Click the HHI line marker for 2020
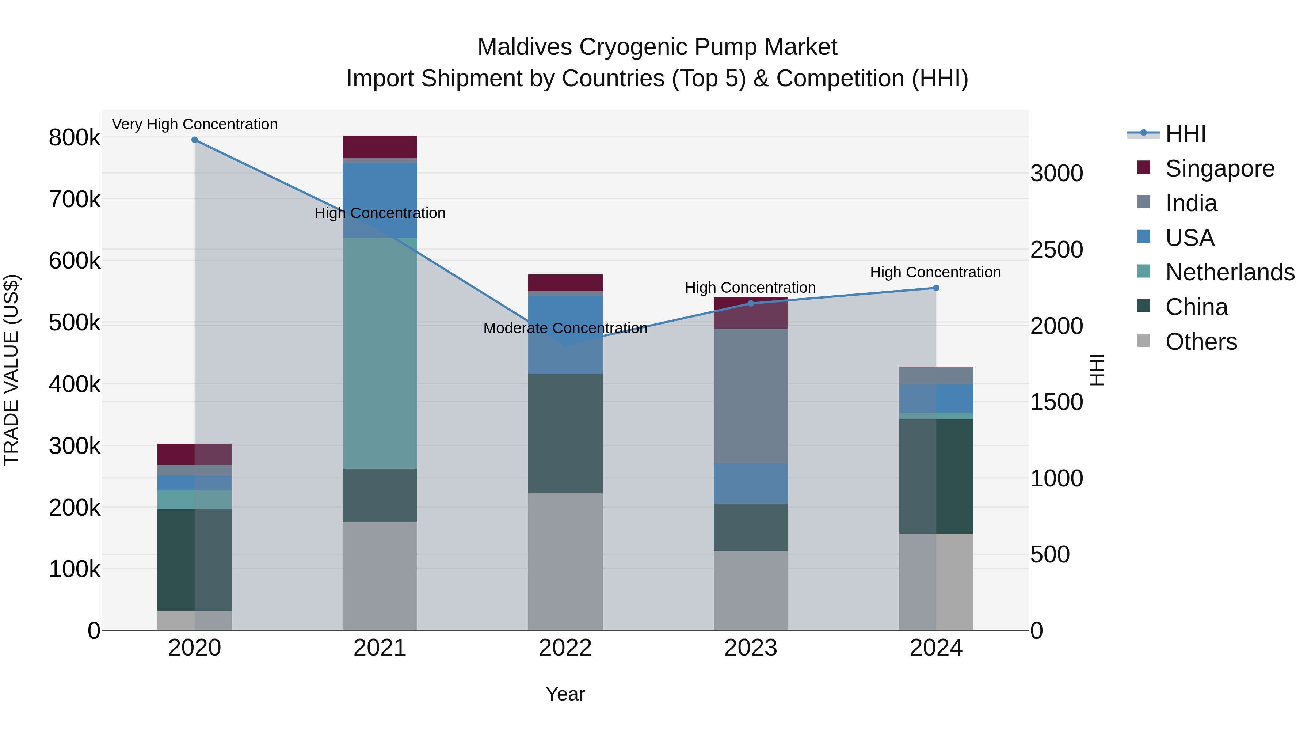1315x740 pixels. click(x=194, y=140)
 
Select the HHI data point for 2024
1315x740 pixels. click(x=936, y=288)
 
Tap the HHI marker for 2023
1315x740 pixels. click(x=750, y=304)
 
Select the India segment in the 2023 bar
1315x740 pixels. click(x=750, y=396)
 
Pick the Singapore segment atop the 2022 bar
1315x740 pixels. click(x=565, y=283)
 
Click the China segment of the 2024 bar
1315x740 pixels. click(x=936, y=476)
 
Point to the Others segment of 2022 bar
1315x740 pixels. click(x=565, y=561)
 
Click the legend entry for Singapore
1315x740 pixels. click(x=1220, y=168)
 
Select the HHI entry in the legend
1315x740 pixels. click(x=1185, y=134)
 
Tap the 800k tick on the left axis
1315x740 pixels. click(x=75, y=138)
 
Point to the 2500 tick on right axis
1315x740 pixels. click(x=1056, y=250)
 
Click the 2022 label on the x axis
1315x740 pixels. click(x=565, y=648)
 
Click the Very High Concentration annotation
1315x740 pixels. click(x=194, y=124)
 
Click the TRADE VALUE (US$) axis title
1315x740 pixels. click(x=11, y=370)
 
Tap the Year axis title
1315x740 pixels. click(x=565, y=694)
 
